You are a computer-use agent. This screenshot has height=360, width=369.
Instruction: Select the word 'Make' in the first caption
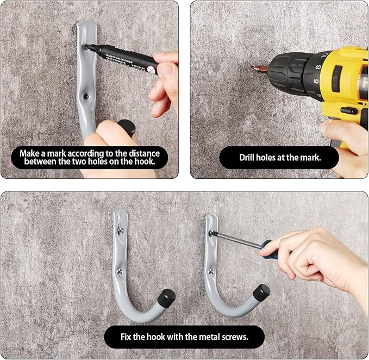coord(30,153)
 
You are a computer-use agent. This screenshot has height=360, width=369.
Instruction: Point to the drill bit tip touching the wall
coord(253,68)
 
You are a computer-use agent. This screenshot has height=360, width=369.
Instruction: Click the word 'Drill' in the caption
coord(249,158)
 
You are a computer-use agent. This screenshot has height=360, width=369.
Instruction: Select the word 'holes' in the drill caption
coord(273,158)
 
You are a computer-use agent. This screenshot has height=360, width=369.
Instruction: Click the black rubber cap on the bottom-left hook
coord(167,297)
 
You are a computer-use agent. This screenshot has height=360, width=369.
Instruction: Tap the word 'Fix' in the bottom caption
coord(127,337)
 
